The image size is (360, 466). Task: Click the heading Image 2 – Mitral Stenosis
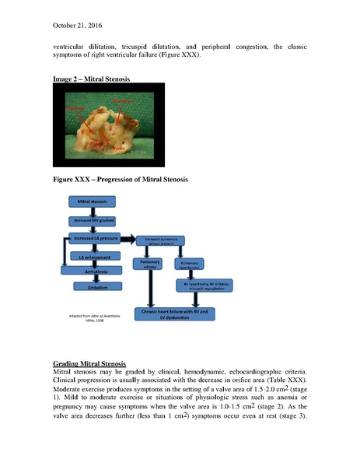point(92,79)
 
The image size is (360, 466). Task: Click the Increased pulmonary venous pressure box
point(165,243)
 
